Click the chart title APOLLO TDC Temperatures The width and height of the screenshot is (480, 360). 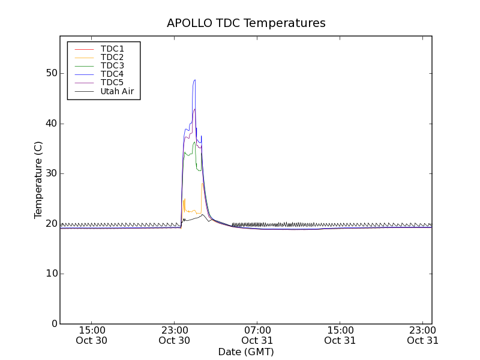coord(246,23)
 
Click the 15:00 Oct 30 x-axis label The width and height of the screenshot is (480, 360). coord(92,335)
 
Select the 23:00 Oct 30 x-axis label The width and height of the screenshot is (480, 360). coord(175,335)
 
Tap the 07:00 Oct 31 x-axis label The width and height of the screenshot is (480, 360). coord(257,335)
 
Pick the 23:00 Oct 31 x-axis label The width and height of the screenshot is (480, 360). coord(423,335)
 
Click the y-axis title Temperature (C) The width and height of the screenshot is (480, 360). coord(38,180)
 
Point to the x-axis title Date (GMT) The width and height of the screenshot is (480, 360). coord(246,352)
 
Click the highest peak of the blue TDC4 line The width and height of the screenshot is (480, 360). coord(194,80)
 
